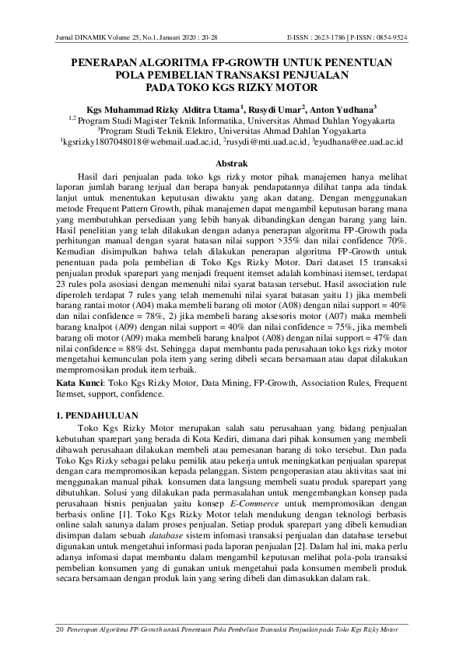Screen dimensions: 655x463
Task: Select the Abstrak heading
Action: pyautogui.click(x=231, y=163)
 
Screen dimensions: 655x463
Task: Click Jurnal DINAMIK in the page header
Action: pyautogui.click(x=86, y=37)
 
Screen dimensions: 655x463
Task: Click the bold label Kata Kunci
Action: pyautogui.click(x=81, y=384)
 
